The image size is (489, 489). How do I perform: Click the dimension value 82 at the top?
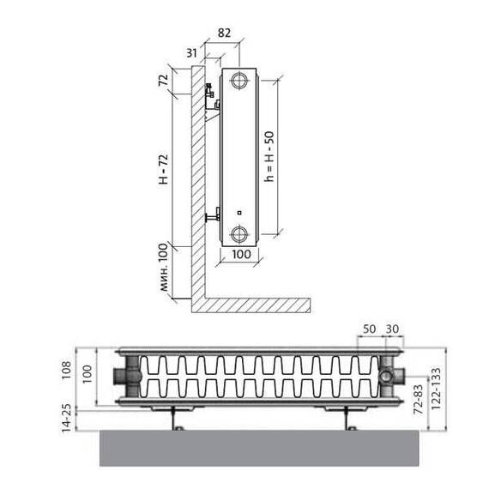pyautogui.click(x=224, y=33)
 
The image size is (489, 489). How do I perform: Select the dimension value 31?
pyautogui.click(x=191, y=53)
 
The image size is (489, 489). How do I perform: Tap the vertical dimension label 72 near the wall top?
pyautogui.click(x=164, y=80)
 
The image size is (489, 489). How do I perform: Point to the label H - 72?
pyautogui.click(x=164, y=169)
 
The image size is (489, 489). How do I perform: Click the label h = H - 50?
pyautogui.click(x=269, y=156)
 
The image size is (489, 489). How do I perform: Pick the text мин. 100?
pyautogui.click(x=164, y=268)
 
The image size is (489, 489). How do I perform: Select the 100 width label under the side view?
pyautogui.click(x=241, y=254)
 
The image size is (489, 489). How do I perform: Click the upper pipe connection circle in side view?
pyautogui.click(x=239, y=81)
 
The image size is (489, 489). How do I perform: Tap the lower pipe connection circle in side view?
pyautogui.click(x=239, y=233)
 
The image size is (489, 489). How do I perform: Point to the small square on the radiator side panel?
pyautogui.click(x=239, y=213)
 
